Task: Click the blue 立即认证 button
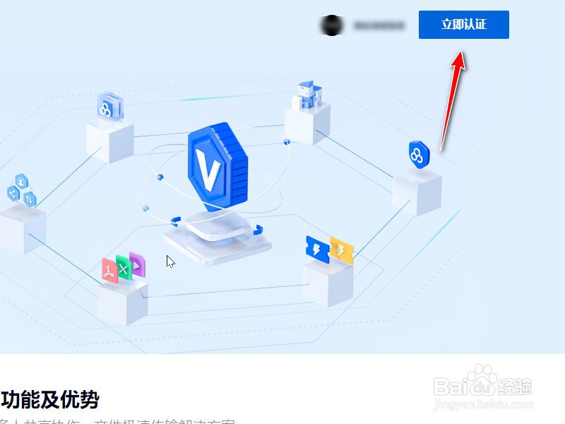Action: click(x=463, y=25)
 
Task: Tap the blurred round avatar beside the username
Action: click(x=331, y=25)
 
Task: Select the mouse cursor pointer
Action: click(x=170, y=261)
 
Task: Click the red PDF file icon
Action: click(x=109, y=271)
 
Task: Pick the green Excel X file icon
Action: click(x=124, y=268)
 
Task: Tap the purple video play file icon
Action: click(x=137, y=264)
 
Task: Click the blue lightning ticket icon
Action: click(x=317, y=248)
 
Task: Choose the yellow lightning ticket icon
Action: click(x=341, y=250)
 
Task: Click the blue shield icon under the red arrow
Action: click(x=419, y=155)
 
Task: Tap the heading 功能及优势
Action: click(x=49, y=399)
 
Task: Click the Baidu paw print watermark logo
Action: click(x=483, y=382)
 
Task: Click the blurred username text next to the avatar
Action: click(x=379, y=25)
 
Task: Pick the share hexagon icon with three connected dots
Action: click(x=13, y=192)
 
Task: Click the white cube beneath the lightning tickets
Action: click(x=328, y=283)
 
